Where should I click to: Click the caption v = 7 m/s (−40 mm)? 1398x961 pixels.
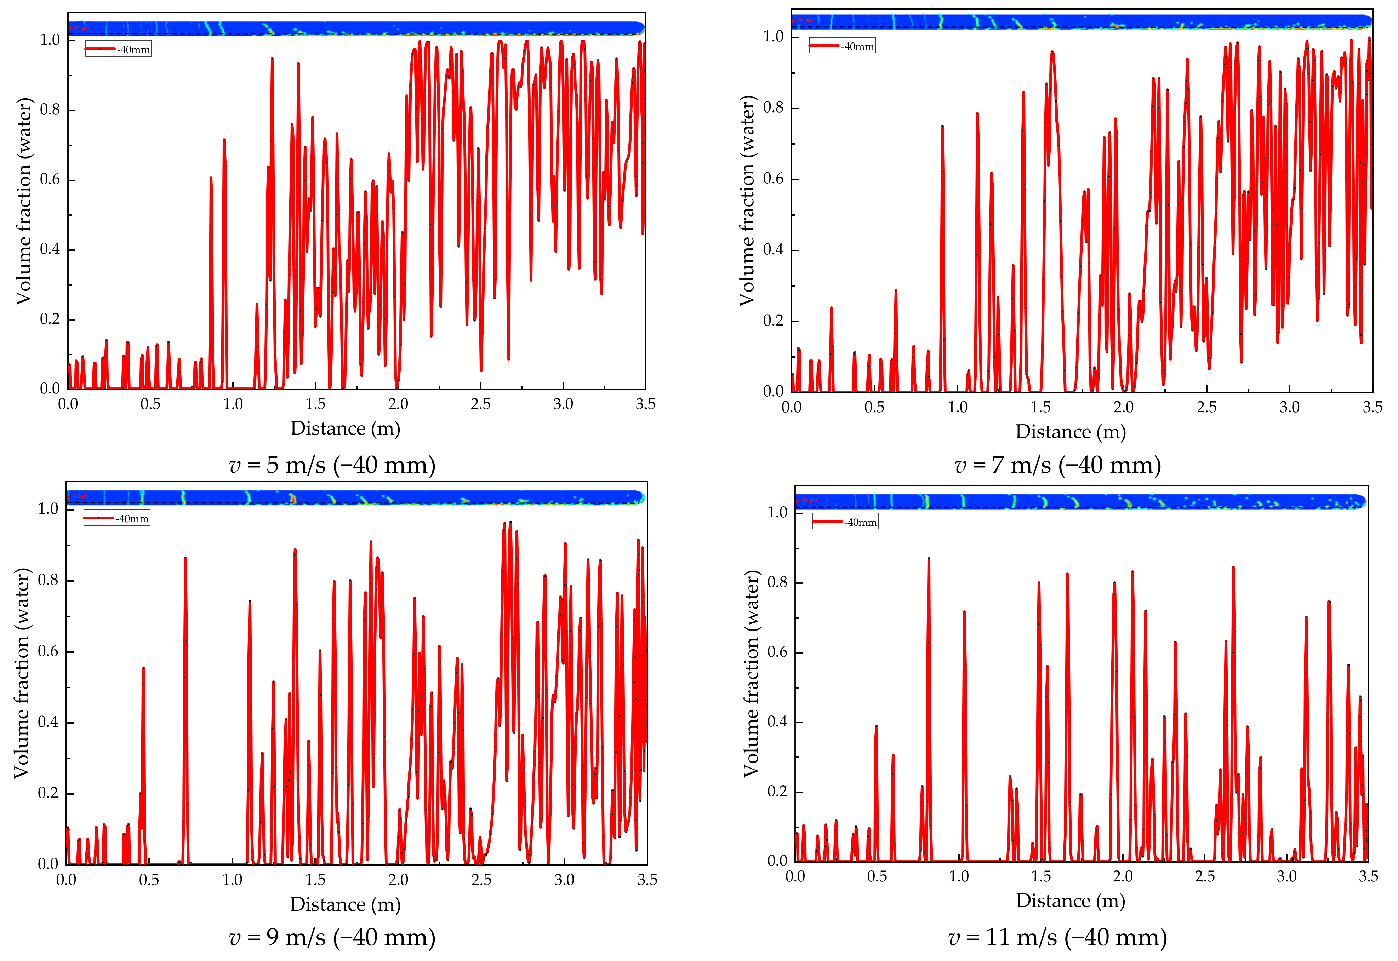tap(1058, 465)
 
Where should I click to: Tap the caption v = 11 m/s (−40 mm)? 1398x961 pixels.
tap(1058, 938)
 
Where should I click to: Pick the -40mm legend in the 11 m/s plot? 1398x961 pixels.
tap(845, 522)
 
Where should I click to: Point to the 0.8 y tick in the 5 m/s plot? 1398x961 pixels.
tap(50, 110)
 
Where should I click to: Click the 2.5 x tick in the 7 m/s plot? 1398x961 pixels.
tap(1206, 407)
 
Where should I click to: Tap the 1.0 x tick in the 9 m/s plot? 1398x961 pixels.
tap(233, 880)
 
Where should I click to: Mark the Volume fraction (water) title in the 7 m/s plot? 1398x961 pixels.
tap(747, 201)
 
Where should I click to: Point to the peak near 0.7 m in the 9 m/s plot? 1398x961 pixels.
tap(186, 560)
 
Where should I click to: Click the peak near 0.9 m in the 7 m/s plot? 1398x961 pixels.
tap(942, 128)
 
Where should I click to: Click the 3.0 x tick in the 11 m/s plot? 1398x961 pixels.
tap(1286, 876)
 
